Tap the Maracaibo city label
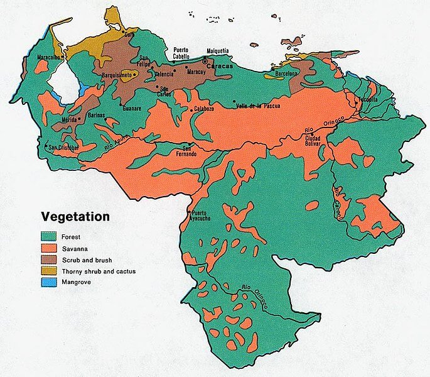35,57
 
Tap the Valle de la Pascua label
257,106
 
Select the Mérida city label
69,119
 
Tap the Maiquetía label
218,51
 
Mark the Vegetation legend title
75,217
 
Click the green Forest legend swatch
50,237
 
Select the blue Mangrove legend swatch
50,282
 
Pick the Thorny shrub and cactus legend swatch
50,271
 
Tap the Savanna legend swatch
50,248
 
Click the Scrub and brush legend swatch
50,260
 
